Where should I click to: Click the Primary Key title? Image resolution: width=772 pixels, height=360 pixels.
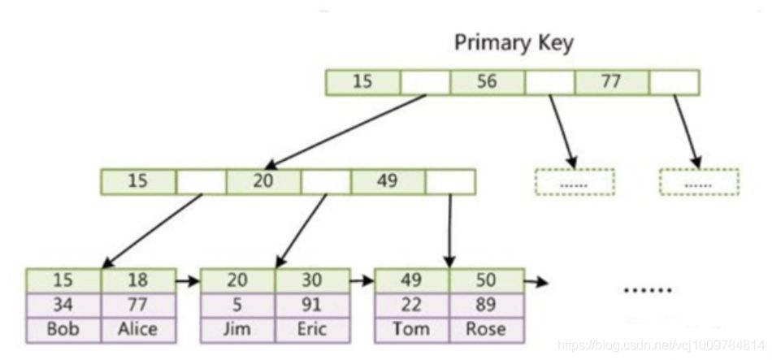coord(513,42)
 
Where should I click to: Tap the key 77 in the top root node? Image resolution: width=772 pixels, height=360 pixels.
coord(612,82)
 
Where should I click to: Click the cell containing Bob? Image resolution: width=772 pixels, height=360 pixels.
coord(63,329)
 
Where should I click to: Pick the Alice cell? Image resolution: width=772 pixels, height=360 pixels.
coord(137,329)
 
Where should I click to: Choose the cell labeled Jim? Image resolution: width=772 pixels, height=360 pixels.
coord(237,329)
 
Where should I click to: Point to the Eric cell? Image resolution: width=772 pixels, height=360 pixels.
coord(311,329)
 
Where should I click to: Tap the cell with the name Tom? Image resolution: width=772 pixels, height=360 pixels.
coord(411,329)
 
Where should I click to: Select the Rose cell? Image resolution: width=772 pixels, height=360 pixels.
coord(486,329)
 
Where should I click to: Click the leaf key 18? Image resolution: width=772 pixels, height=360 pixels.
coord(137,280)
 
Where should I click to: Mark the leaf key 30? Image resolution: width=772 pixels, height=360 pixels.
coord(311,280)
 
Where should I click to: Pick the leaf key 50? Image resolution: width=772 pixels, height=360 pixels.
coord(486,280)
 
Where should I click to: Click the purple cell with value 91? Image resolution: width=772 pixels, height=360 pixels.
coord(311,305)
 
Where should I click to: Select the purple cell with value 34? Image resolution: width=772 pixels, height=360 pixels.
coord(63,305)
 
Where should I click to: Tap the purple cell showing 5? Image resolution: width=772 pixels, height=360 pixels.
coord(237,305)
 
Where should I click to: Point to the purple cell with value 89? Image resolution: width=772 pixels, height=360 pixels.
coord(486,305)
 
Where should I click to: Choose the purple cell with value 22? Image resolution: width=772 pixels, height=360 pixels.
coord(411,305)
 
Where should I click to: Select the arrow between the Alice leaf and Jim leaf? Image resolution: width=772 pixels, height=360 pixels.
coord(187,282)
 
